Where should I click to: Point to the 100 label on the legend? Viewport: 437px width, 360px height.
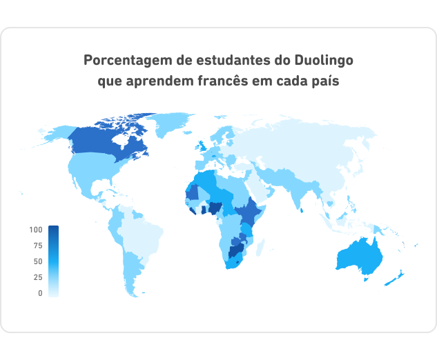pos(36,230)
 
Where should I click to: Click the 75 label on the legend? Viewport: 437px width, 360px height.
pos(37,246)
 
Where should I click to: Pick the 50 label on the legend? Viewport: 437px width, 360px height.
pos(37,261)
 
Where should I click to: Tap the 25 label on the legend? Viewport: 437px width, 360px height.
pos(37,277)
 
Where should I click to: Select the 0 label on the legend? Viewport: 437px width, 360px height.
pos(40,293)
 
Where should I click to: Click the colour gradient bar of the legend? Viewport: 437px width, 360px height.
pos(53,261)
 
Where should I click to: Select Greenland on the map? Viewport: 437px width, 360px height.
pos(169,123)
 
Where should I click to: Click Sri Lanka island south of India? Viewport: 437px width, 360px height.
pos(302,210)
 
